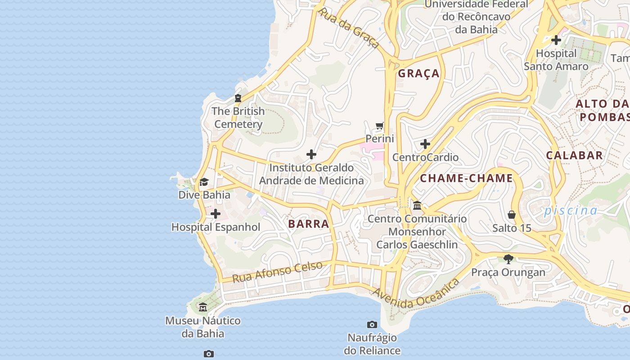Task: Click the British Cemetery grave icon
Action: pyautogui.click(x=238, y=98)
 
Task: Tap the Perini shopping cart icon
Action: pyautogui.click(x=380, y=126)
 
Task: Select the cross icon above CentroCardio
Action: pyautogui.click(x=425, y=144)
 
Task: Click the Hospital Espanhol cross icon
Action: pyautogui.click(x=216, y=214)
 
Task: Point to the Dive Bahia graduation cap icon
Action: pyautogui.click(x=204, y=182)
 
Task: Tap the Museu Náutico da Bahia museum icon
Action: pyautogui.click(x=203, y=307)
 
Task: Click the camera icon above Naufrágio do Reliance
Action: pyautogui.click(x=372, y=324)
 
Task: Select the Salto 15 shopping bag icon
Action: pyautogui.click(x=512, y=215)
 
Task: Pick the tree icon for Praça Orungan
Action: pyautogui.click(x=508, y=259)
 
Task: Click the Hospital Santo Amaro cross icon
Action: pyautogui.click(x=556, y=40)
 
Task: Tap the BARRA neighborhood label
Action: pyautogui.click(x=309, y=224)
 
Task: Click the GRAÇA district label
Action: pyautogui.click(x=418, y=74)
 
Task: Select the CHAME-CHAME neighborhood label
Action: pyautogui.click(x=466, y=179)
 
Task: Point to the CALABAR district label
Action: pyautogui.click(x=574, y=156)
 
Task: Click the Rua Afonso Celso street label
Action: pyautogui.click(x=277, y=272)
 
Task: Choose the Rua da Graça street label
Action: pyautogui.click(x=348, y=27)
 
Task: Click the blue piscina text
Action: pyautogui.click(x=571, y=211)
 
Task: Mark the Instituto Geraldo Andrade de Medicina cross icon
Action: pyautogui.click(x=311, y=155)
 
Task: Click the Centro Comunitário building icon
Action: pyautogui.click(x=417, y=206)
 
